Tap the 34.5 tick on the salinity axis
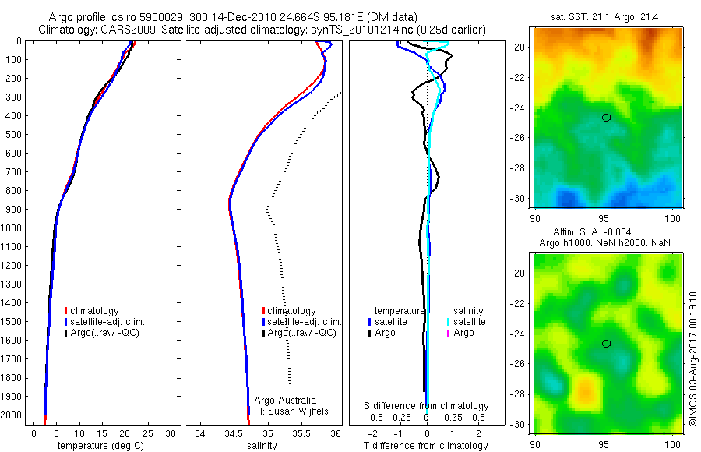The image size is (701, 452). pos(234,433)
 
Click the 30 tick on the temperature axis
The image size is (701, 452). pos(171,433)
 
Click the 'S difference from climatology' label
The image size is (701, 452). pos(427,406)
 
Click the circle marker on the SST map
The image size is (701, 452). pos(606,117)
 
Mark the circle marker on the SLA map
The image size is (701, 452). pos(606,344)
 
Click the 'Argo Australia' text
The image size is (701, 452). pos(285,400)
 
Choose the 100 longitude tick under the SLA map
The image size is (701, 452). pos(672,445)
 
